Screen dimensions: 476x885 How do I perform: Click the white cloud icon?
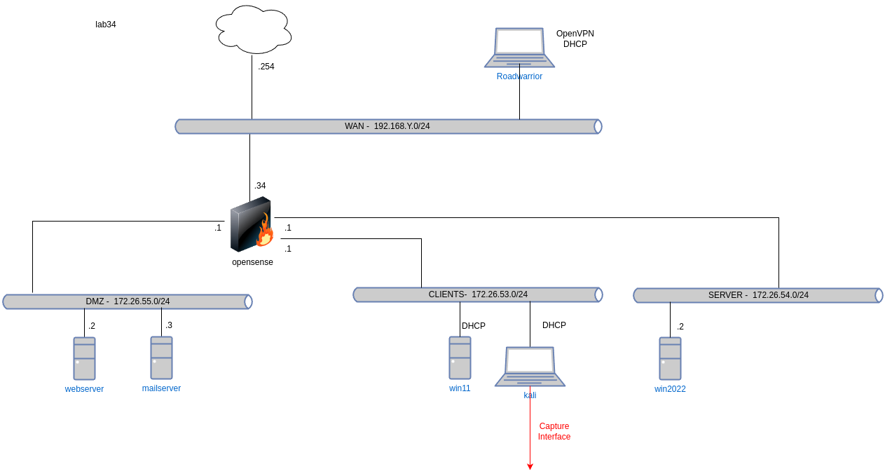point(254,29)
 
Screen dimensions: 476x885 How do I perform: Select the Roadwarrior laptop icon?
point(519,47)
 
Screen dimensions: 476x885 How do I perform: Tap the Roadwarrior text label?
point(519,76)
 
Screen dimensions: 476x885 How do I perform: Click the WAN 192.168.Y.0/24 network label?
point(387,126)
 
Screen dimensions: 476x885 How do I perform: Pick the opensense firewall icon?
point(251,224)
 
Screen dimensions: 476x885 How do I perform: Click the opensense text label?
point(252,262)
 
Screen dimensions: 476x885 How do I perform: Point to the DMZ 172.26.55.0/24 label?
point(128,301)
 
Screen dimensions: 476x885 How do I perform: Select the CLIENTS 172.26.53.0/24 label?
point(478,294)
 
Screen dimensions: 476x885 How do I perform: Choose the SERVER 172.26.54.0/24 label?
point(758,295)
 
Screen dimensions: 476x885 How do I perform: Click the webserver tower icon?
point(84,358)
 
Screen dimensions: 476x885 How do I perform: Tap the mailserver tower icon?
point(161,358)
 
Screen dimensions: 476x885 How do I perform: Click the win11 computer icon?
point(460,358)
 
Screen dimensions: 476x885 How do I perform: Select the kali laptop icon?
point(530,366)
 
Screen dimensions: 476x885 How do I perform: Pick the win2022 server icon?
point(670,358)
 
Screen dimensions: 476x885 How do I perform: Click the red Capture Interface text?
point(554,431)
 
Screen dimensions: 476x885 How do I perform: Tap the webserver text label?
point(84,389)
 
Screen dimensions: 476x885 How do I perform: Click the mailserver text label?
point(161,388)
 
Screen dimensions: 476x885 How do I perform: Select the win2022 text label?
point(670,389)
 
